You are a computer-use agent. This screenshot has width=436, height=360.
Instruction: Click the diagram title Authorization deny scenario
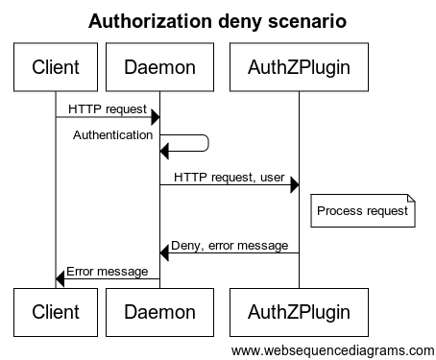[218, 21]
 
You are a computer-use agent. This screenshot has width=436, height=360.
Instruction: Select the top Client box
[56, 67]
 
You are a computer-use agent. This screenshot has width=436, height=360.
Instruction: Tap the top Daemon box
[159, 67]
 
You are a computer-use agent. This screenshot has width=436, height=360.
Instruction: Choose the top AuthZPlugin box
[299, 67]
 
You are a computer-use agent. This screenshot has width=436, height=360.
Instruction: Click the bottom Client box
[56, 311]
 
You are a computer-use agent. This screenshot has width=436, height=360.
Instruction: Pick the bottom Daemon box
[159, 311]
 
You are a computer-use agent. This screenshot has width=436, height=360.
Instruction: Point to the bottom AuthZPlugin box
[299, 311]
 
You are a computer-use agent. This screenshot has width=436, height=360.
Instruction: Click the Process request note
[362, 211]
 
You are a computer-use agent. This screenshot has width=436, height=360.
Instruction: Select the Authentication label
[112, 135]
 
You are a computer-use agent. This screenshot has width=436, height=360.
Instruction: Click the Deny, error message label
[230, 247]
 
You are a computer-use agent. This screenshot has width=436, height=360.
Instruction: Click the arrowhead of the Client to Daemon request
[154, 118]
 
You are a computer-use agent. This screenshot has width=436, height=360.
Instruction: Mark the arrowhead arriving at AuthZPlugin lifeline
[293, 184]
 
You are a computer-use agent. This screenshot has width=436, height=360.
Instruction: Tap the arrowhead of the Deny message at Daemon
[165, 253]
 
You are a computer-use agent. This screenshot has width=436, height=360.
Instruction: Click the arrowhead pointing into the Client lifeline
[61, 278]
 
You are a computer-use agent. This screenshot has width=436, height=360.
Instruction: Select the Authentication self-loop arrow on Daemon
[197, 143]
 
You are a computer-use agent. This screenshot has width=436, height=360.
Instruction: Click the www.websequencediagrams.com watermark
[333, 349]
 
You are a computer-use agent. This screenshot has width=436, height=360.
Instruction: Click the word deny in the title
[245, 21]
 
